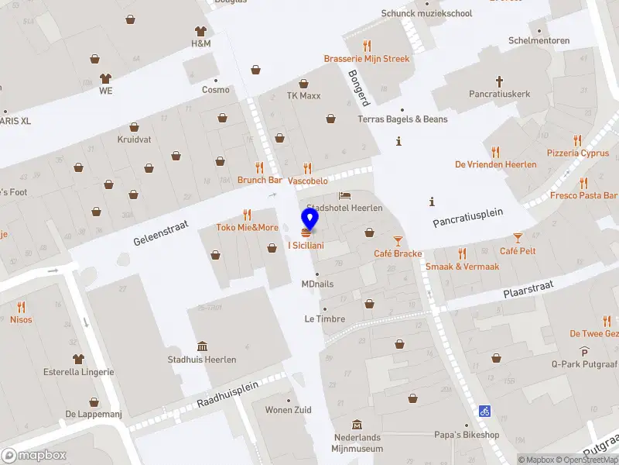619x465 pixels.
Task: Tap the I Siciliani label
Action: (306, 246)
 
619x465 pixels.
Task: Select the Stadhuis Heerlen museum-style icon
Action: (202, 346)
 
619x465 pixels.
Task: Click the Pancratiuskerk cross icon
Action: (500, 80)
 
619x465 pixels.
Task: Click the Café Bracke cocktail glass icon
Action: (398, 241)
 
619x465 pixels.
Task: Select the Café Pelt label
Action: (518, 251)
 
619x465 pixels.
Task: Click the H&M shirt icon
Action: (201, 31)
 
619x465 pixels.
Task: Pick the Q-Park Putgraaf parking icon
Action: (585, 351)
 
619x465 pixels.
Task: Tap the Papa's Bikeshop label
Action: (467, 435)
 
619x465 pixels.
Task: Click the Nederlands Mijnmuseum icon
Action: (357, 425)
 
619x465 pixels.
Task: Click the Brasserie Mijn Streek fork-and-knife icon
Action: (367, 46)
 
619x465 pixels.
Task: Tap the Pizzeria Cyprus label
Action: (577, 153)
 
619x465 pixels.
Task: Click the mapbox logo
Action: (34, 456)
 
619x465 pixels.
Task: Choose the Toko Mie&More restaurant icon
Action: (247, 215)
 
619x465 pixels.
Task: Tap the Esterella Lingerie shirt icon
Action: (78, 359)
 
